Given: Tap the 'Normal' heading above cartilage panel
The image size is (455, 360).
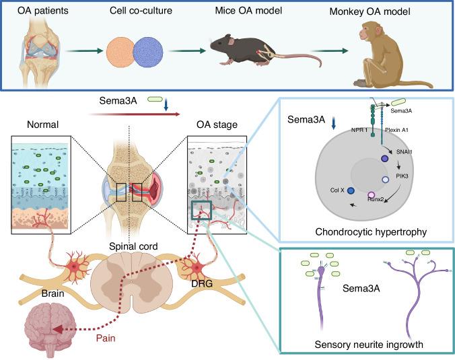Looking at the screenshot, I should (44, 125).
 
